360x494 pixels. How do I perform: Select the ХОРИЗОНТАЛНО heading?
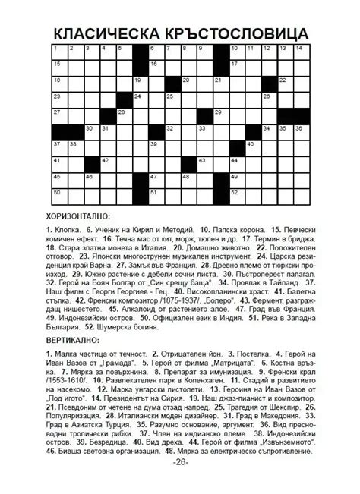click(x=81, y=216)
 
